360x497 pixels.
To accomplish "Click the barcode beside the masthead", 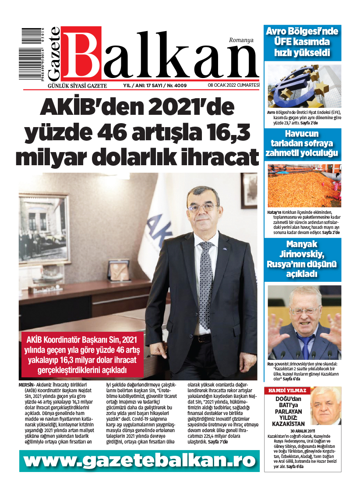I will (x=34, y=54).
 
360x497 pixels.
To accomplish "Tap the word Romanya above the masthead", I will (x=241, y=40).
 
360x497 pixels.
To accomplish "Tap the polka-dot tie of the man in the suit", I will (x=205, y=272).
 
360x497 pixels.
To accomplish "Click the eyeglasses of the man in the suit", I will (x=203, y=206).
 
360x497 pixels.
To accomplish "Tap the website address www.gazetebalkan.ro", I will (x=139, y=461).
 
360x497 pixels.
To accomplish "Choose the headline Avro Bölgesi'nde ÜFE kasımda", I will (x=302, y=43).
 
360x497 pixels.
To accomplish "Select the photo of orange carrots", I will (x=304, y=185).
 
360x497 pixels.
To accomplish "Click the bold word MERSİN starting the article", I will (x=27, y=384).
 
